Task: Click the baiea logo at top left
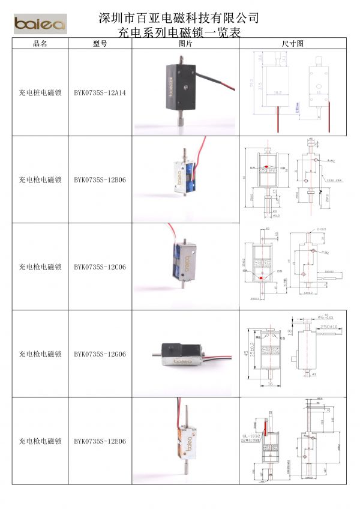pos(40,24)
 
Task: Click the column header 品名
pos(40,44)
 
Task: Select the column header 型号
pos(100,44)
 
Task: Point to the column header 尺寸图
pos(293,44)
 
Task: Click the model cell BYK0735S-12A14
pos(100,93)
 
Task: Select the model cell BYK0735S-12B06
pos(100,179)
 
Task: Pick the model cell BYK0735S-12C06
pos(100,267)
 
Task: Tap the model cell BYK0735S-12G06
pos(100,354)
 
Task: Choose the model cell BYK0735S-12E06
pos(100,441)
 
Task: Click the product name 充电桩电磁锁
pos(40,93)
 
